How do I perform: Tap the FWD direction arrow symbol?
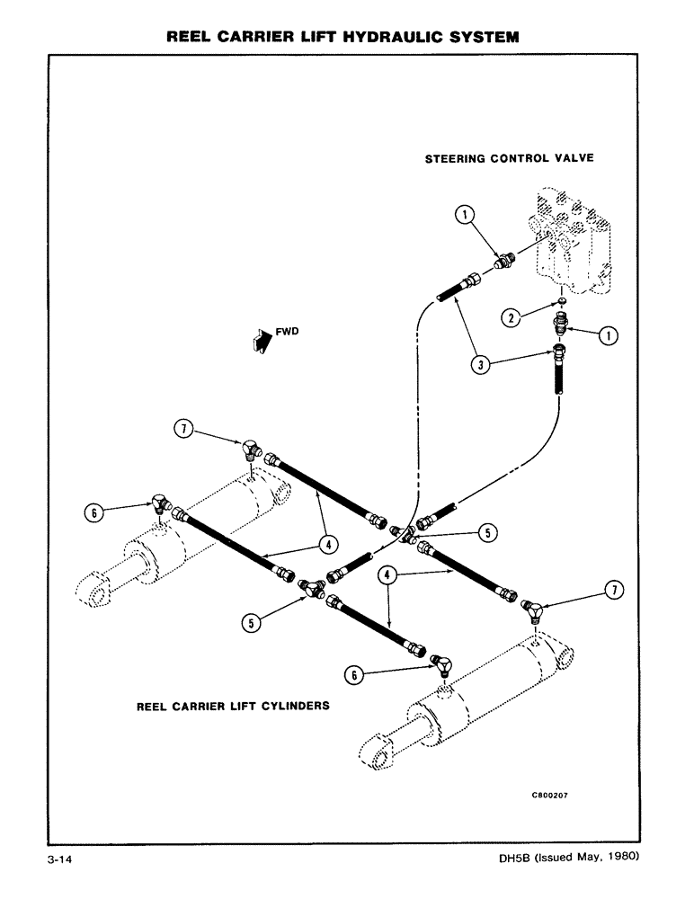(x=257, y=340)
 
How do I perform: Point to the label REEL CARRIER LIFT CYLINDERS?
(x=232, y=706)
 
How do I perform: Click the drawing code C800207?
(x=549, y=795)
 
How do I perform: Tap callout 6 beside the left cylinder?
(x=93, y=512)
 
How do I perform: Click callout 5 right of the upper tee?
(x=487, y=533)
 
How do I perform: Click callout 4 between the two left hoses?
(x=329, y=544)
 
